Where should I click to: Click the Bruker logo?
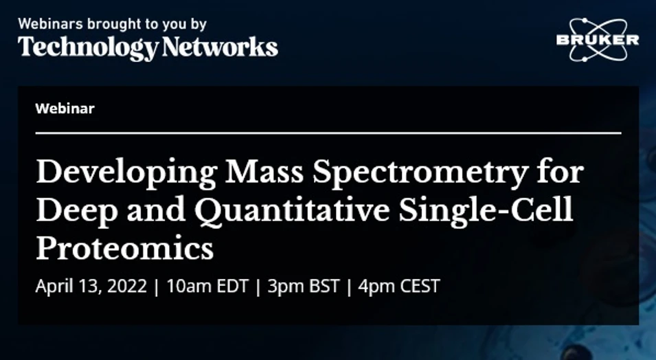point(597,39)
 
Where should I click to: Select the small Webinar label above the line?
point(65,108)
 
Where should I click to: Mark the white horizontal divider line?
point(328,133)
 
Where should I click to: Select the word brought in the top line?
point(109,24)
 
